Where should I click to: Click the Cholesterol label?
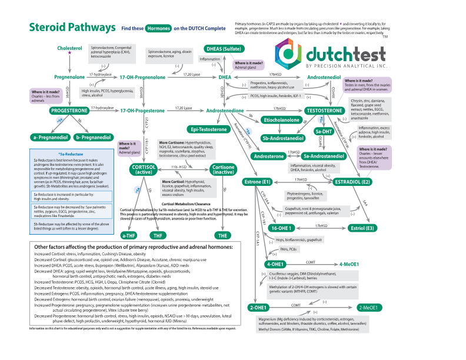tap(70, 48)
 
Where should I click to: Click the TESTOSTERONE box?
tap(325, 110)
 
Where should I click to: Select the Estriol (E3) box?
tap(362, 228)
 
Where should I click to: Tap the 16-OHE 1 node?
tap(282, 228)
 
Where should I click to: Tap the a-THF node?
tap(129, 235)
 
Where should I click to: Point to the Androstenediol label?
tap(324, 77)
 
